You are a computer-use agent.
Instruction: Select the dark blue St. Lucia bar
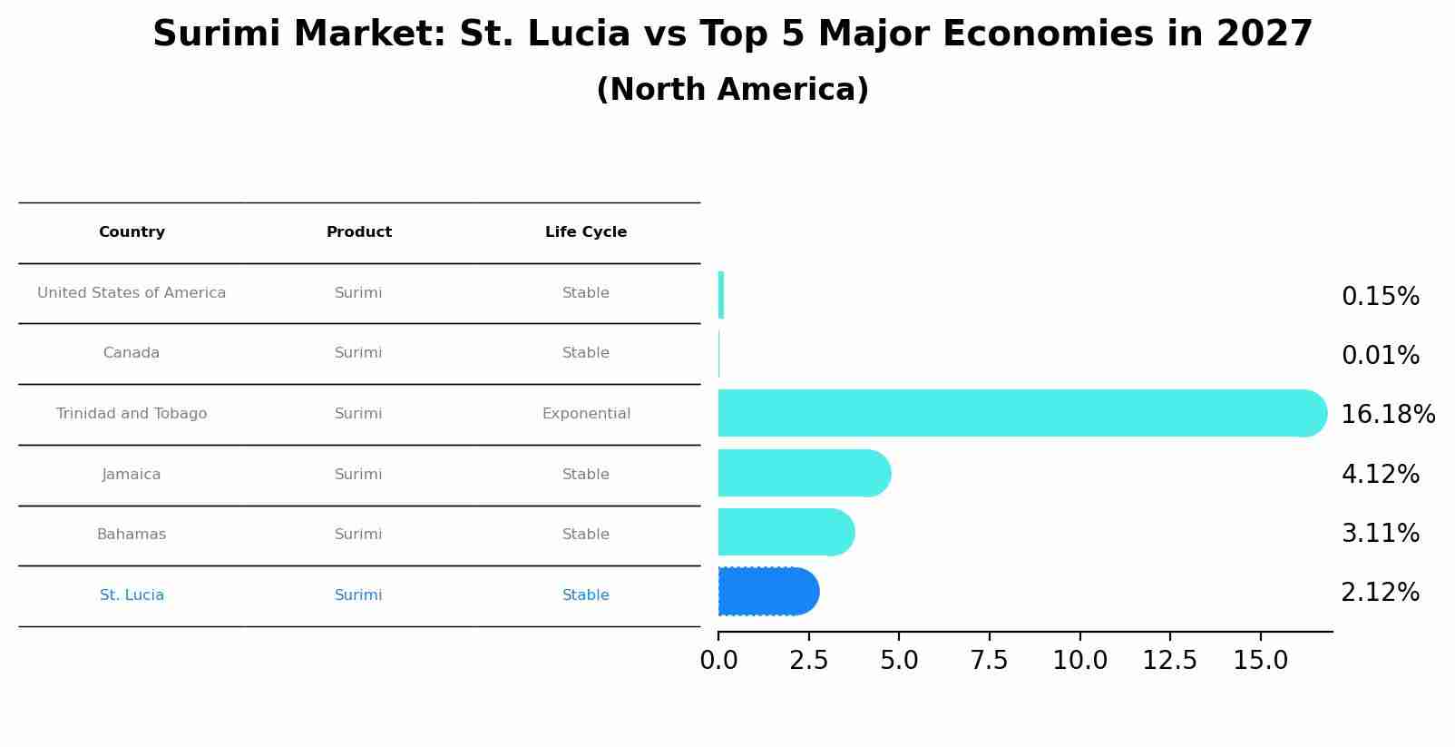[x=767, y=592]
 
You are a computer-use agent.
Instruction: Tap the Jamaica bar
[x=803, y=473]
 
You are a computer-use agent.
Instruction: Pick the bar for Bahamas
[x=785, y=532]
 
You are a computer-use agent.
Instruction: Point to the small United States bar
[x=721, y=295]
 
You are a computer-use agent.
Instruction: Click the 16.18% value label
[x=1387, y=415]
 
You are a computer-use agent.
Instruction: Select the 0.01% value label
[x=1380, y=356]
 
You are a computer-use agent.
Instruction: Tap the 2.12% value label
[x=1380, y=593]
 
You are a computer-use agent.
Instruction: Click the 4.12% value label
[x=1380, y=475]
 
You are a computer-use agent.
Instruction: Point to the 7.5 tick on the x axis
[x=989, y=661]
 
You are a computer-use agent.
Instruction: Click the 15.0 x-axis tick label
[x=1260, y=661]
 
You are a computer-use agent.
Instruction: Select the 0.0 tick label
[x=718, y=661]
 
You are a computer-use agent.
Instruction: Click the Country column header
[x=132, y=232]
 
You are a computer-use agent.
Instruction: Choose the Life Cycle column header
[x=586, y=232]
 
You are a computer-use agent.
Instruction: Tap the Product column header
[x=359, y=232]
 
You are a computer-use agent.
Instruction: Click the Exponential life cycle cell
[x=586, y=414]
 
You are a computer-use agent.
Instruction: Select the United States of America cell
[x=132, y=293]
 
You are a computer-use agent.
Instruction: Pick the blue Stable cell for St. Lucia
[x=586, y=595]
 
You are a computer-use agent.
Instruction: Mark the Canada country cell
[x=132, y=353]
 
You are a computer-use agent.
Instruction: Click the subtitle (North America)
[x=732, y=90]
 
